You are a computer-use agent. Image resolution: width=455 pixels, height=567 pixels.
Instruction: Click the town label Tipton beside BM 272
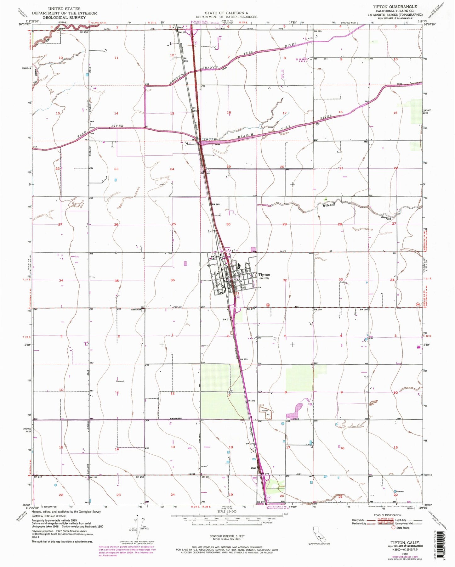click(264, 274)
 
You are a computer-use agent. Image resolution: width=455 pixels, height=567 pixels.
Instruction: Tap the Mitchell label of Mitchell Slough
click(328, 205)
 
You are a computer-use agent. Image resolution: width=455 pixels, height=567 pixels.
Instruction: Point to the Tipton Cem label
click(137, 309)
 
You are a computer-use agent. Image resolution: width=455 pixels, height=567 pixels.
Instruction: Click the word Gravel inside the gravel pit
click(263, 411)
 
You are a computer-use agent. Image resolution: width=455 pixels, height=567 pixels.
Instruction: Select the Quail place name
click(253, 468)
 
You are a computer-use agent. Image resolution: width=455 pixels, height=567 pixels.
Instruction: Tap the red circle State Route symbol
click(394, 528)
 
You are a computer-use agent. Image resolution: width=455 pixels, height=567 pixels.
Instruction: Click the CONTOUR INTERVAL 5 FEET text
click(227, 536)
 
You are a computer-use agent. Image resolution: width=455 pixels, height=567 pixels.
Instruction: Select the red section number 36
click(173, 280)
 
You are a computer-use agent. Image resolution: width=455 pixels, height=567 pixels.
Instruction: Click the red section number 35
click(117, 280)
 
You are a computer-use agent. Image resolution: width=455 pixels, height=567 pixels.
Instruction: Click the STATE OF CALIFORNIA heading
click(226, 13)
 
